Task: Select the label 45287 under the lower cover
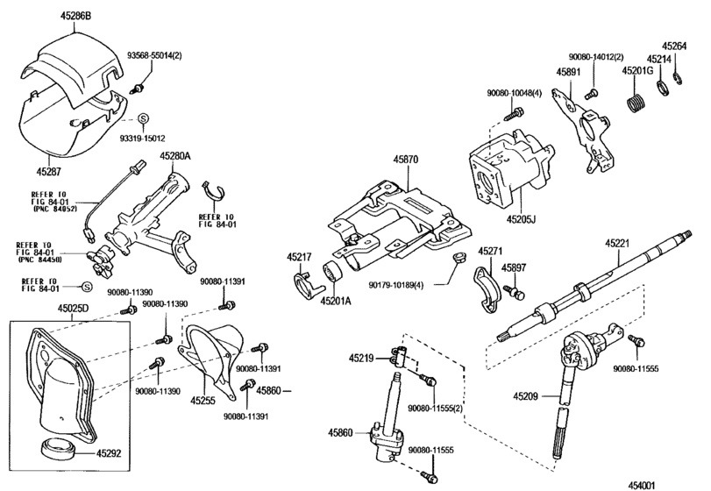(x=48, y=171)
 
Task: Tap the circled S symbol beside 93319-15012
(x=143, y=118)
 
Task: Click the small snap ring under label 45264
(x=678, y=77)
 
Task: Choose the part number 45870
(x=406, y=160)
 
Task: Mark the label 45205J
(x=521, y=219)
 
